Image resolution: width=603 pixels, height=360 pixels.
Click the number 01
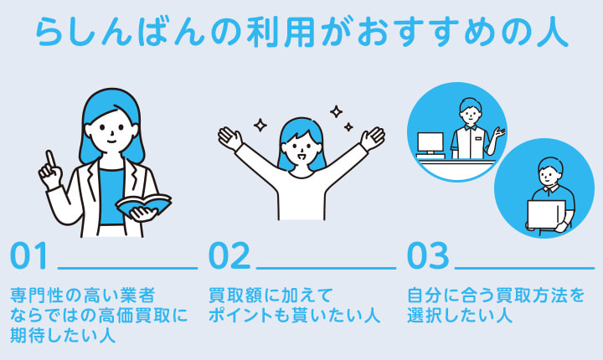click(x=30, y=257)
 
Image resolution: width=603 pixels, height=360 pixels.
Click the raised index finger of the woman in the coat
click(x=50, y=158)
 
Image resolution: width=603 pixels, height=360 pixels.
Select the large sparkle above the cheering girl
click(x=336, y=111)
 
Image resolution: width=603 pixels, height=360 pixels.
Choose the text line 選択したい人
click(x=458, y=316)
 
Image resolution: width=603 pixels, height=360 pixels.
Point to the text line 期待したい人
click(x=62, y=337)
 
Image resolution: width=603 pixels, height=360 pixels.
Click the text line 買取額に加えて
click(x=271, y=296)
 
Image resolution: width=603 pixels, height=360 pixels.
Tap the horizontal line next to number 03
click(x=523, y=269)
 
